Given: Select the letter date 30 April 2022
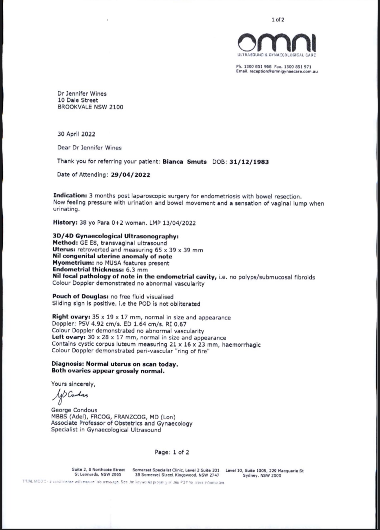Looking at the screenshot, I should [x=76, y=134].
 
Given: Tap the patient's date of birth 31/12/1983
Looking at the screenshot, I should [x=249, y=162].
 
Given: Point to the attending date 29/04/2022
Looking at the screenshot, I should [x=130, y=175].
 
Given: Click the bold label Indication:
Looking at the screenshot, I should [x=70, y=196].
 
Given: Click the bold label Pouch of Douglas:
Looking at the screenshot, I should [x=80, y=297].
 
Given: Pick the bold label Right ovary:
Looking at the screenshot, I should [x=71, y=317].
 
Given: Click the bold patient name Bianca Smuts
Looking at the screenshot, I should [x=184, y=162].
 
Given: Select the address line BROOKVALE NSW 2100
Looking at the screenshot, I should [x=91, y=107].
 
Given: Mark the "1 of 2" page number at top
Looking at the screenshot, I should [x=278, y=20].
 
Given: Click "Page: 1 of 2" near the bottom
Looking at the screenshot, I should [x=172, y=452].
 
